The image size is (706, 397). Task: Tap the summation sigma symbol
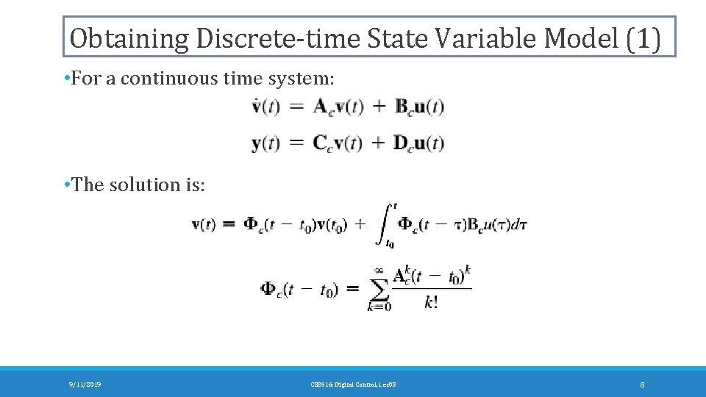379,289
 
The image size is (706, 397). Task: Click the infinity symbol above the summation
379,270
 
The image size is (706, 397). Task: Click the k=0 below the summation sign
379,307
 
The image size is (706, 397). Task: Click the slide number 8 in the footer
642,385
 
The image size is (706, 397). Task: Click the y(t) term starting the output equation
265,143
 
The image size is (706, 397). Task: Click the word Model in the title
581,38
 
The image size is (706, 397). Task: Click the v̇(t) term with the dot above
265,107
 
